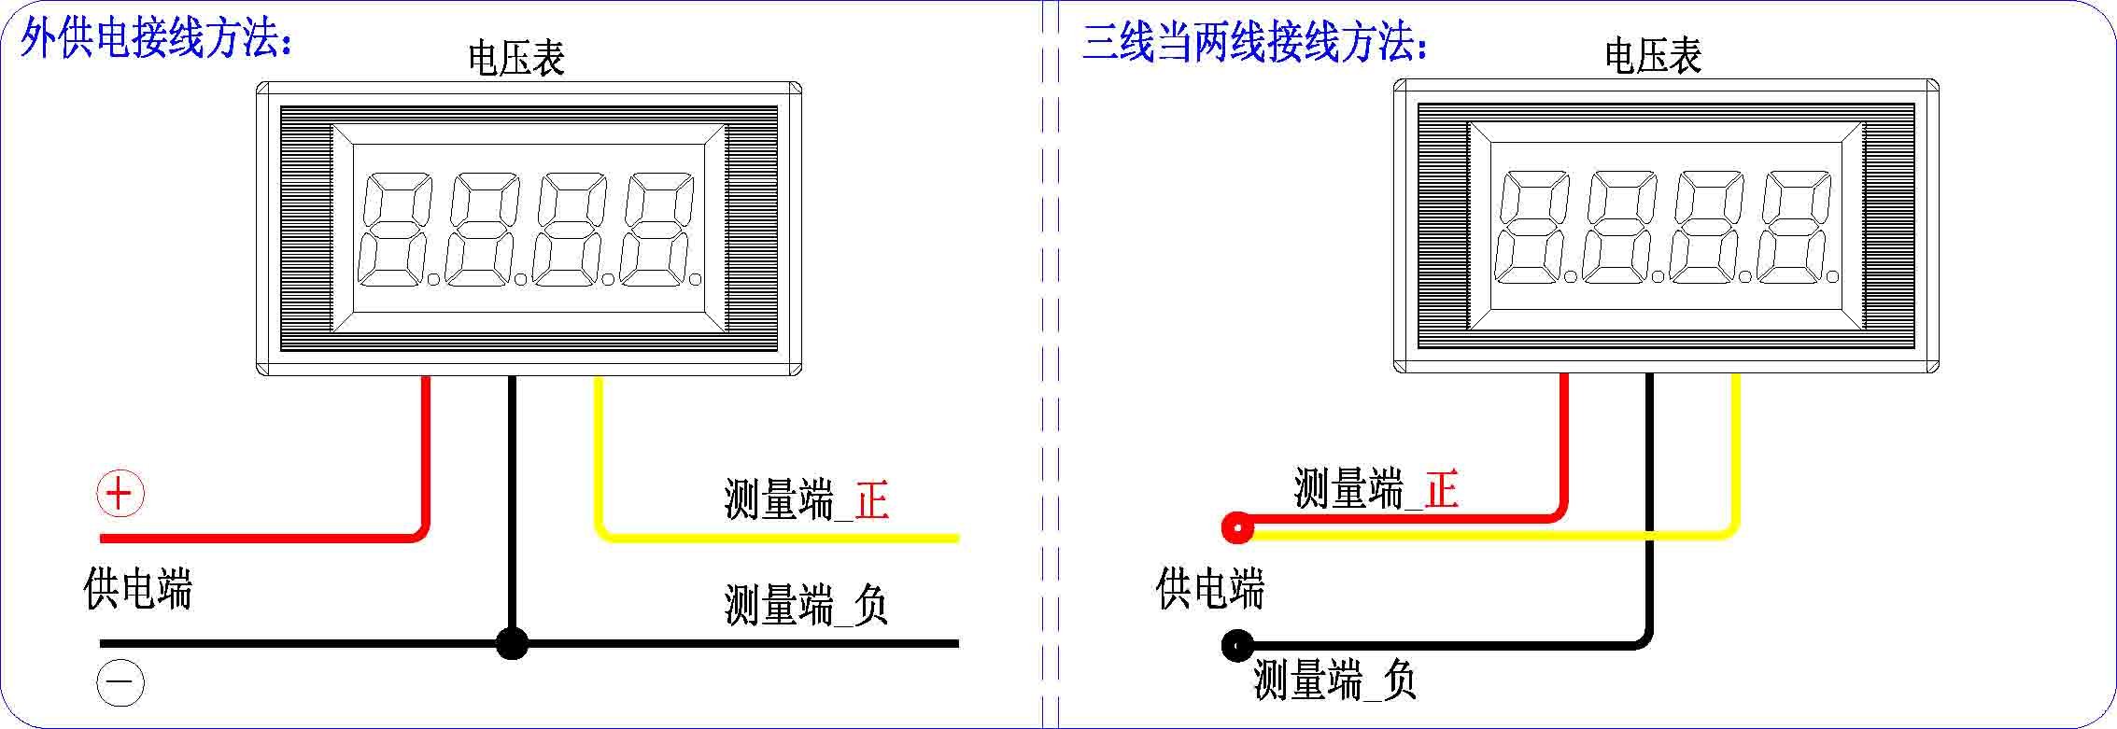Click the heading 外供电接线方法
(x=156, y=40)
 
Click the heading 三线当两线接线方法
(x=1254, y=42)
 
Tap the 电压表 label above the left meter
(x=516, y=58)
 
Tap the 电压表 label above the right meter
(x=1653, y=55)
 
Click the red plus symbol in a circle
(x=120, y=494)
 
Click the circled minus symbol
(x=120, y=684)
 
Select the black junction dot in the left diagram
(x=512, y=643)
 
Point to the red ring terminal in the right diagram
(x=1237, y=528)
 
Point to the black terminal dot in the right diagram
(x=1237, y=645)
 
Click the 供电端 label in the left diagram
(x=137, y=589)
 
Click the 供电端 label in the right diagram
(x=1209, y=589)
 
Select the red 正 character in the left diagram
(x=872, y=499)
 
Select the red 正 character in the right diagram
(x=1441, y=488)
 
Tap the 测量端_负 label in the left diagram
(x=805, y=605)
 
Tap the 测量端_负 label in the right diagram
(x=1334, y=680)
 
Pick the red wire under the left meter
(x=426, y=457)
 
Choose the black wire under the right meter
(x=1650, y=504)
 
